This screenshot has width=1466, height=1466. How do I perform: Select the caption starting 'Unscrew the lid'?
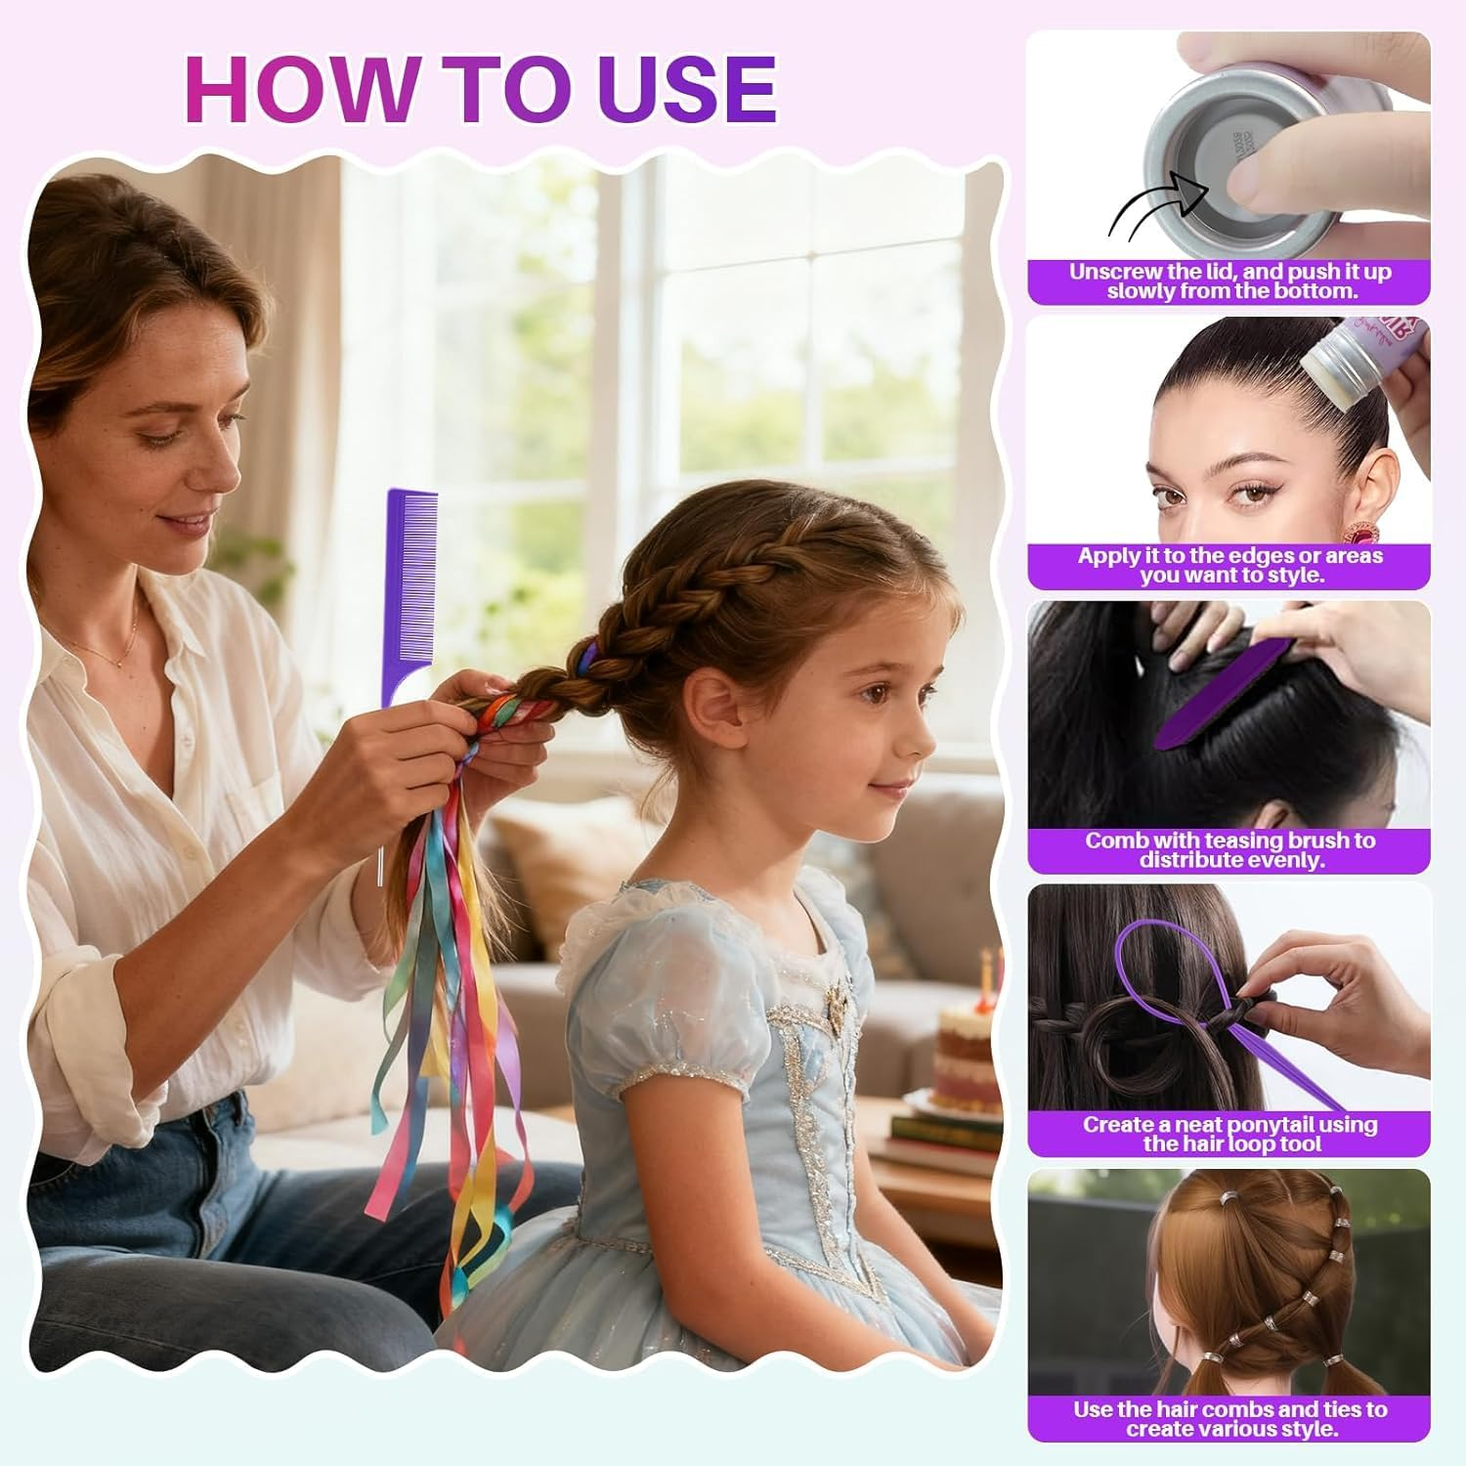(x=1229, y=281)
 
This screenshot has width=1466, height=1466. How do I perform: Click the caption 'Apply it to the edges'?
(x=1229, y=565)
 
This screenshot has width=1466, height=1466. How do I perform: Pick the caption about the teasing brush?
(x=1229, y=850)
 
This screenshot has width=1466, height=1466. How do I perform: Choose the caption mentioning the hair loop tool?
(x=1229, y=1134)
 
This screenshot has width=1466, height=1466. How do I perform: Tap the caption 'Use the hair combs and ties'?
(x=1229, y=1418)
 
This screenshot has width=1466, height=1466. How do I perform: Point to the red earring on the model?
(x=1358, y=534)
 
